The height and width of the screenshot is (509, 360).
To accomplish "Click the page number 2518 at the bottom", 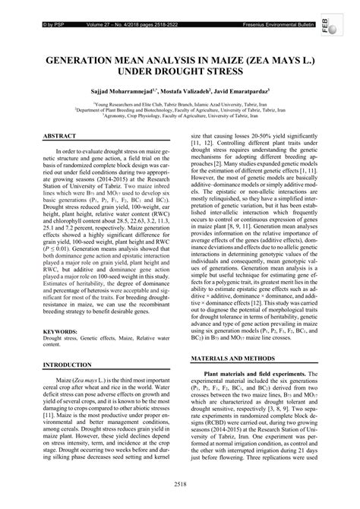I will point(180,482).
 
